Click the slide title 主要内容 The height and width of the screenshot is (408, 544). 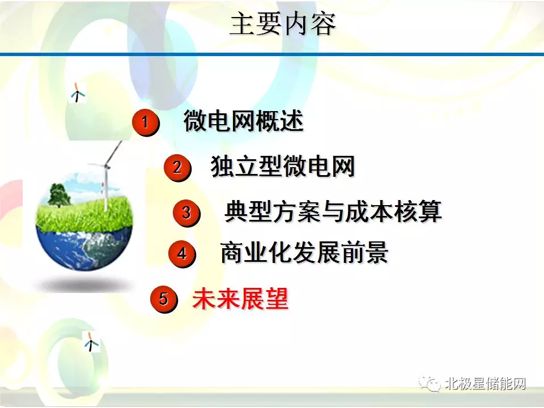tap(282, 24)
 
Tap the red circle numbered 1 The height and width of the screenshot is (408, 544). tap(146, 122)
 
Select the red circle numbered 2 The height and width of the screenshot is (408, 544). tap(177, 168)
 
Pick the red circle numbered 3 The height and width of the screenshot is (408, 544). tap(186, 212)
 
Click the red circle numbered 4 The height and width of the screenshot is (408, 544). tap(182, 254)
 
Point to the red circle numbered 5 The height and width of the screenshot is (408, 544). tap(164, 299)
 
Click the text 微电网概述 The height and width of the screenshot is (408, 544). tap(244, 121)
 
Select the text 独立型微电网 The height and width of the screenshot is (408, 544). tap(283, 166)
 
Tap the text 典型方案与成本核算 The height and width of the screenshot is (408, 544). tap(333, 211)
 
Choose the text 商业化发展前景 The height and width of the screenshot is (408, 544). tap(304, 252)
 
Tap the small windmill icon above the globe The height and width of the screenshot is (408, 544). tap(78, 92)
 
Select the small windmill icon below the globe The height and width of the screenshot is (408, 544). tap(91, 341)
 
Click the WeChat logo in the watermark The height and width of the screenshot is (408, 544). tap(430, 384)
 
